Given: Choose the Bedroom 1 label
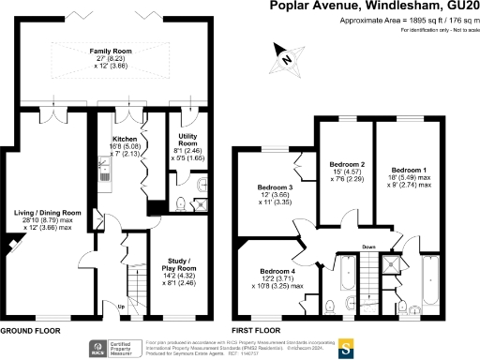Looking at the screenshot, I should click(x=412, y=166).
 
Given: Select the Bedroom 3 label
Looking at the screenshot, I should click(x=275, y=187).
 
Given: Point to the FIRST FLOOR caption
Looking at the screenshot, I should click(x=257, y=331).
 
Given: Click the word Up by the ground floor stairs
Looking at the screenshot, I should click(x=121, y=307).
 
